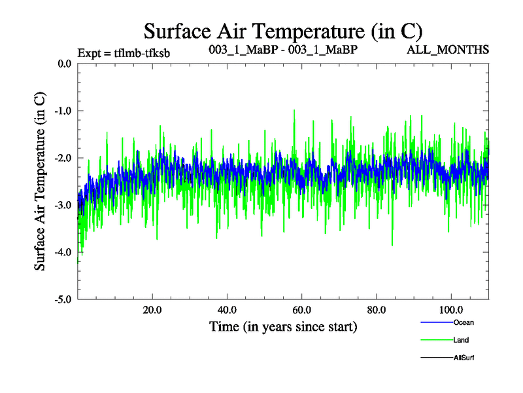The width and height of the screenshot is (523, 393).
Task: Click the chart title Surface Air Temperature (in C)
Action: click(x=283, y=31)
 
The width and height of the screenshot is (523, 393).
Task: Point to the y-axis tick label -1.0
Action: click(x=63, y=111)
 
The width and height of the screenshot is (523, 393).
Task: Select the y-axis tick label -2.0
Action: click(x=63, y=158)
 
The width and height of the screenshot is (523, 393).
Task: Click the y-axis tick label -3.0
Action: click(x=63, y=205)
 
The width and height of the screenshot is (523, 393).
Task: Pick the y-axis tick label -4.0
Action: click(x=63, y=252)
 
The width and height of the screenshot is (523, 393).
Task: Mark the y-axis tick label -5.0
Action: click(x=63, y=299)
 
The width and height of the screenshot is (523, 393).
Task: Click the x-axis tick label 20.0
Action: click(x=152, y=310)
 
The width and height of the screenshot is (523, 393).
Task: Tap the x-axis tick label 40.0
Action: click(x=227, y=310)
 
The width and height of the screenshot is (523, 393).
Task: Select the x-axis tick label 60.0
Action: click(x=301, y=310)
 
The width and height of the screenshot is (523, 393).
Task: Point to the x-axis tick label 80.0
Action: click(x=376, y=310)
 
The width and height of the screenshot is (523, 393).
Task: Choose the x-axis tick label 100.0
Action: click(x=450, y=310)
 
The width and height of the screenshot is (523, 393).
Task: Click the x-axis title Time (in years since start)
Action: click(x=283, y=326)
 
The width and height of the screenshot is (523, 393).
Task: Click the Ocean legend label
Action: click(x=463, y=322)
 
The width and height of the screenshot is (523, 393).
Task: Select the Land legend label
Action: click(x=461, y=340)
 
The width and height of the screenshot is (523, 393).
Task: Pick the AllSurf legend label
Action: click(x=464, y=358)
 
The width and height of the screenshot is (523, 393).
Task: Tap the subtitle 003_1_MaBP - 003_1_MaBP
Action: click(x=282, y=50)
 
